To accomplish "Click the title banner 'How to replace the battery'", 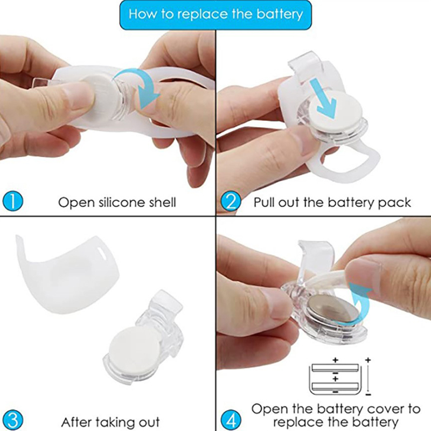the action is pyautogui.click(x=215, y=15).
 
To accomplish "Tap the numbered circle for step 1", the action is pyautogui.click(x=12, y=201).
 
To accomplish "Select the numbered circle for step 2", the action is pyautogui.click(x=231, y=201).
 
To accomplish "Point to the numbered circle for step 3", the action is pyautogui.click(x=12, y=420).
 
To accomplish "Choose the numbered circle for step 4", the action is pyautogui.click(x=231, y=420).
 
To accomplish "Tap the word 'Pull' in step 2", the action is pyautogui.click(x=264, y=203).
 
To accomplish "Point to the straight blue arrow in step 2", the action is pyautogui.click(x=325, y=98).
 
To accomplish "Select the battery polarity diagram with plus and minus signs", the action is pyautogui.click(x=340, y=377).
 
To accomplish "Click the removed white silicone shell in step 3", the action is pyautogui.click(x=67, y=275).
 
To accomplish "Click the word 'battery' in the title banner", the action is pyautogui.click(x=279, y=15).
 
